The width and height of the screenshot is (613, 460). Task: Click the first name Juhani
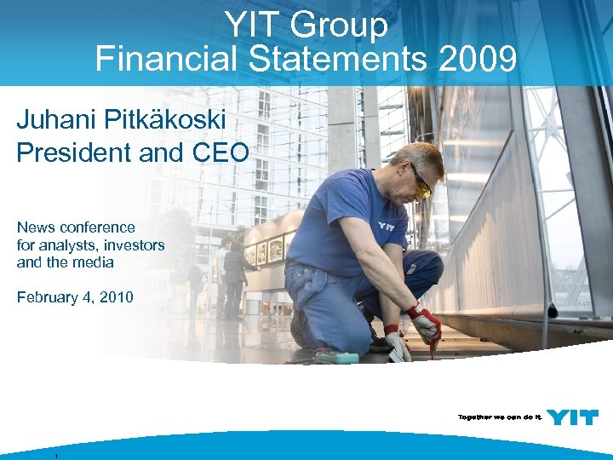pos(56,119)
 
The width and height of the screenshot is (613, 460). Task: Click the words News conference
pos(76,227)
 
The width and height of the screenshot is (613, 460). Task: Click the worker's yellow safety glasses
pos(421,182)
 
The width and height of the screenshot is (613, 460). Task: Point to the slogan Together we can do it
pos(498,417)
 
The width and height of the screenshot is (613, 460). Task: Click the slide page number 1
pos(55,456)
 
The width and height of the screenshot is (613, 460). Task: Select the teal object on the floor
pos(336,356)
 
